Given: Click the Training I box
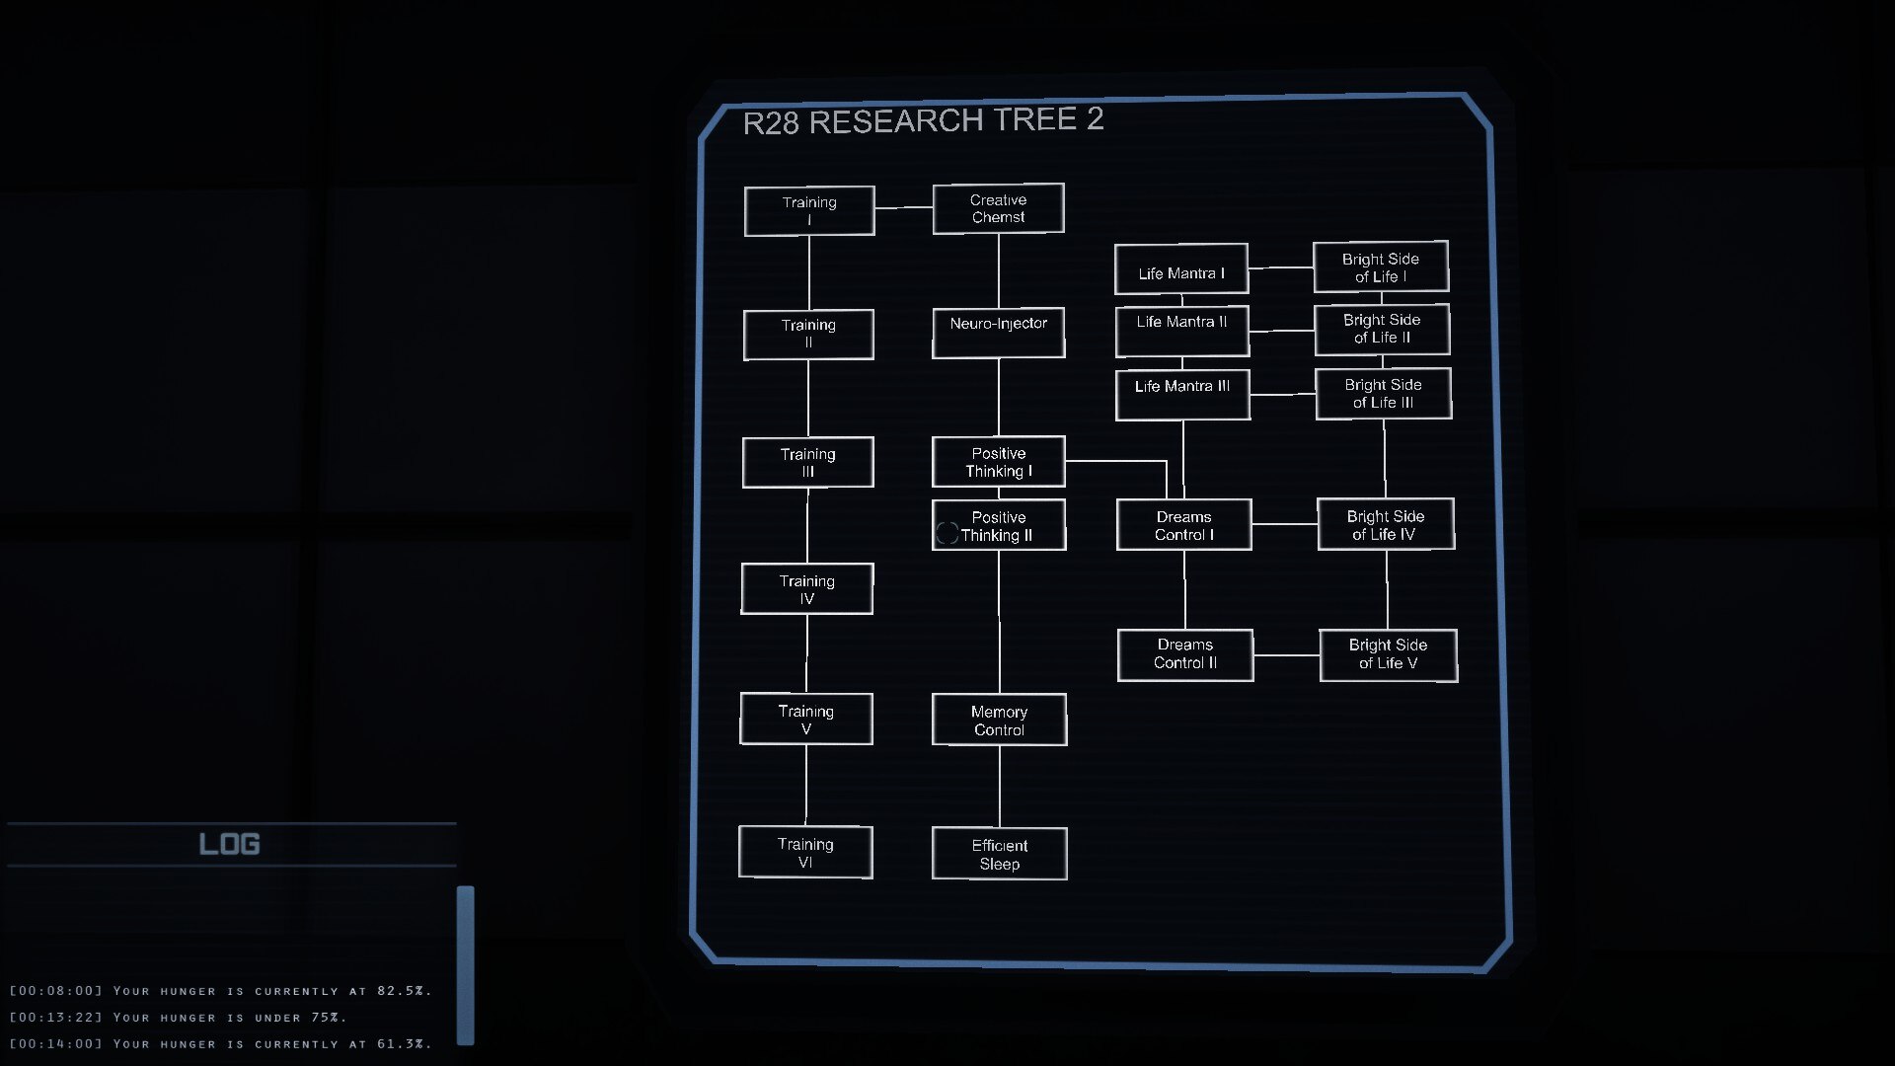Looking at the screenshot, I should [x=809, y=211].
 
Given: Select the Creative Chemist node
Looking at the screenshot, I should [x=998, y=208].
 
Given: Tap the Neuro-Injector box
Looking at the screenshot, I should [x=998, y=333].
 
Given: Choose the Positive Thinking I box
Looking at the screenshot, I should [x=998, y=462].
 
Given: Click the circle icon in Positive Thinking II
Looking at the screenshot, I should [x=947, y=534].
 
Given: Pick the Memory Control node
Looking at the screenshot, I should [x=999, y=721].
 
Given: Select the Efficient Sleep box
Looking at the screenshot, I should [x=999, y=854].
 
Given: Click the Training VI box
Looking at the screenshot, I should [x=805, y=852].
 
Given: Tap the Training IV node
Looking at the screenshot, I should [x=806, y=589].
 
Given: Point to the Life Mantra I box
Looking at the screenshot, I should [x=1180, y=269].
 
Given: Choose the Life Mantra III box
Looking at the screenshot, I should [x=1182, y=395].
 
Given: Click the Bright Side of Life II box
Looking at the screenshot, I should [x=1382, y=330].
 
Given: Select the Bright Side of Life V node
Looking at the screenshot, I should [x=1388, y=655].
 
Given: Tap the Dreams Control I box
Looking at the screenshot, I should [x=1183, y=525].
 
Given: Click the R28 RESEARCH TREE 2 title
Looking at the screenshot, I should [x=923, y=121].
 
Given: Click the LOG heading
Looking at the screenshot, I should [x=229, y=844].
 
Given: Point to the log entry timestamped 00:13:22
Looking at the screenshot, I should [x=178, y=1018].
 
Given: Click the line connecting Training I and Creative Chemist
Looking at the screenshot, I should [x=903, y=207].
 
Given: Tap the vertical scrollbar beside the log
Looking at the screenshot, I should [x=465, y=964].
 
